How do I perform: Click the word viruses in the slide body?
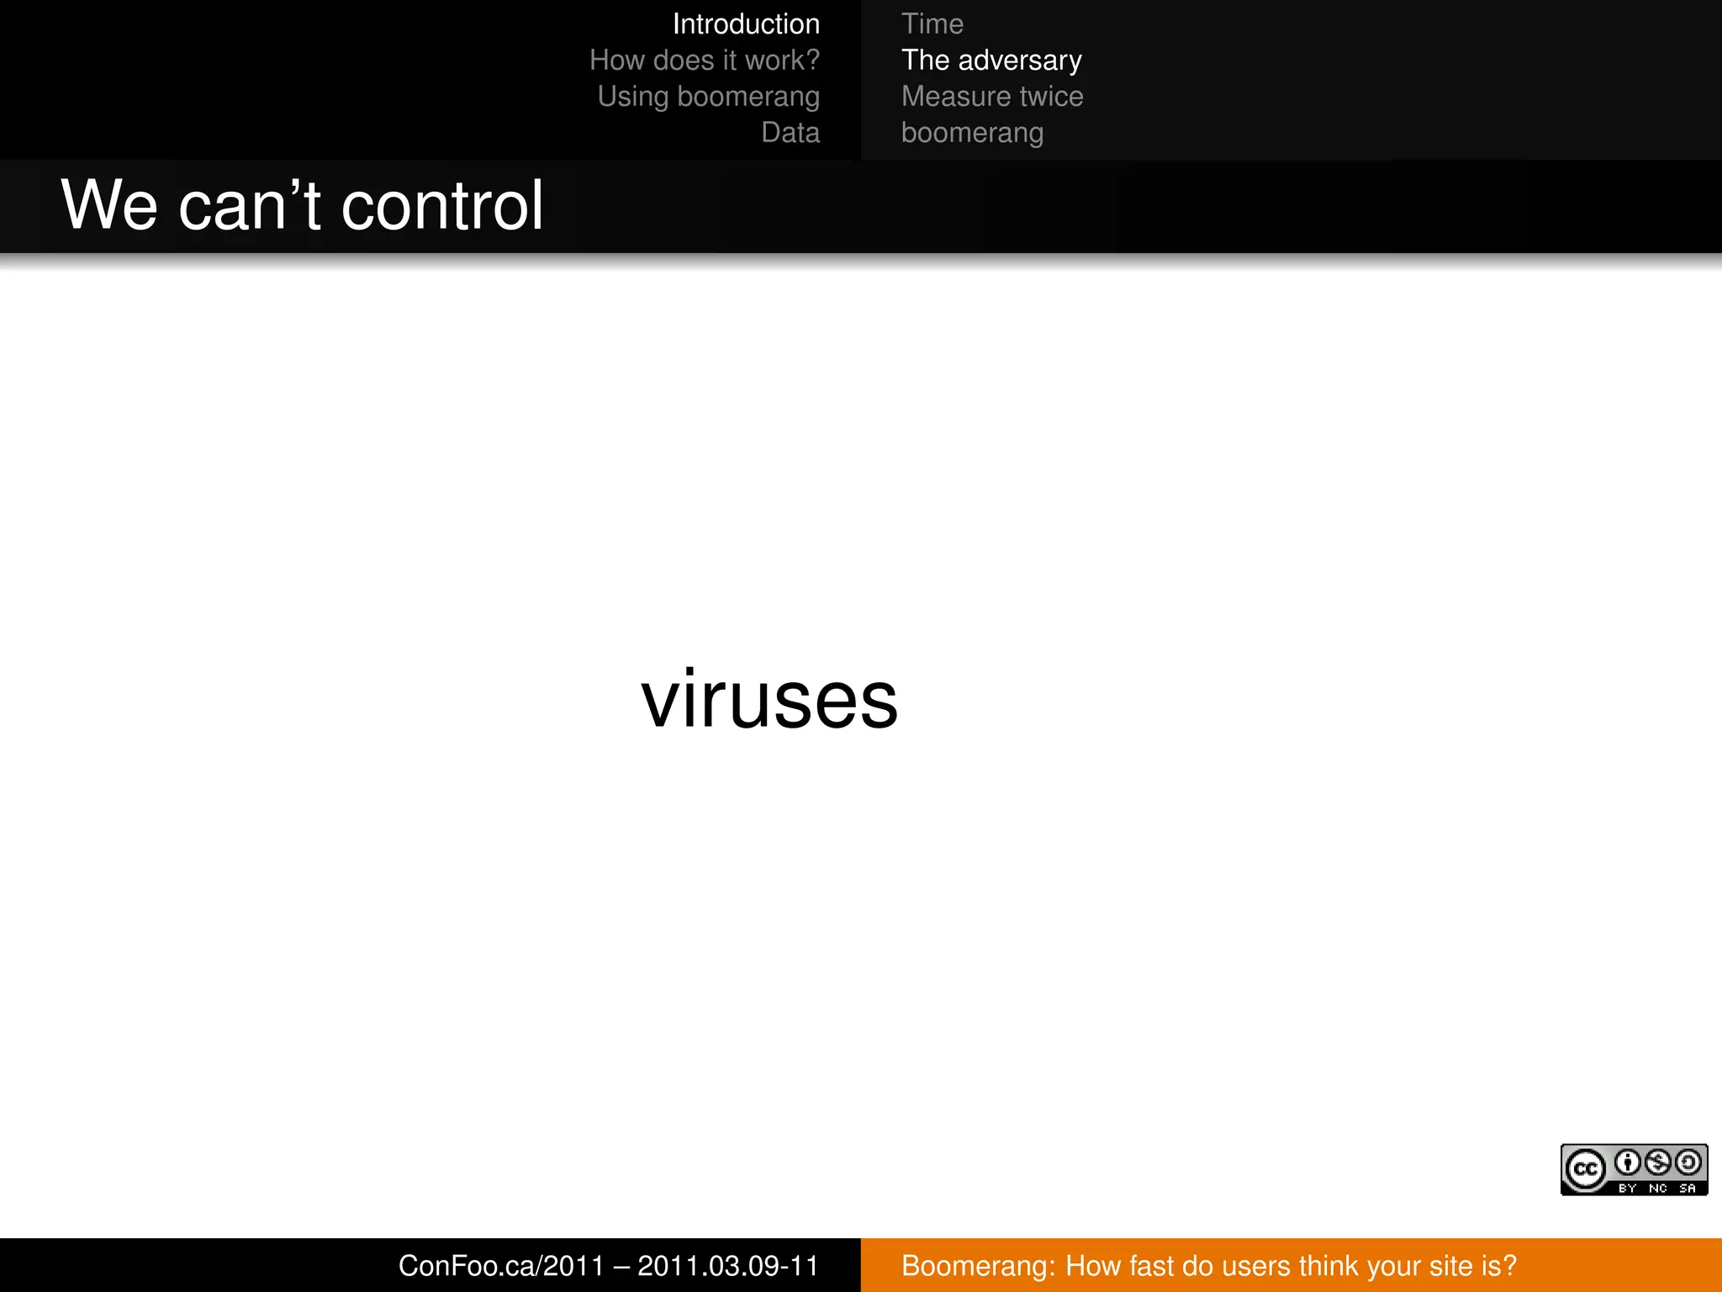click(x=769, y=700)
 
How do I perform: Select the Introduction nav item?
click(x=746, y=24)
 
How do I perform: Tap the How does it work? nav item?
click(x=704, y=61)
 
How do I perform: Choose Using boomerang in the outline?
click(x=708, y=97)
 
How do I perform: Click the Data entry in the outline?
click(x=790, y=133)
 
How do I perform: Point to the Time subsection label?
click(x=932, y=24)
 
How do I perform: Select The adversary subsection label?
click(x=991, y=61)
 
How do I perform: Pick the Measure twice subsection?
click(x=992, y=97)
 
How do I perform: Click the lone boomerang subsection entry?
click(x=972, y=133)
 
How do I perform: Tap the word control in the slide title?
click(x=442, y=206)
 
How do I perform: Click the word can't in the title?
click(x=250, y=206)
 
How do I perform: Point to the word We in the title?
click(x=109, y=206)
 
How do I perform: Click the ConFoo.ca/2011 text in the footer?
click(x=501, y=1266)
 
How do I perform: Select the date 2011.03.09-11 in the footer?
click(x=727, y=1266)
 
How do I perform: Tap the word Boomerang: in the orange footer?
click(x=978, y=1266)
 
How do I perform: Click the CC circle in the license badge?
click(x=1585, y=1169)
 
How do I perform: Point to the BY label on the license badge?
click(x=1627, y=1189)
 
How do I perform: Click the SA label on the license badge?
click(x=1688, y=1189)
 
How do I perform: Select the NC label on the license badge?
click(x=1657, y=1189)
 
